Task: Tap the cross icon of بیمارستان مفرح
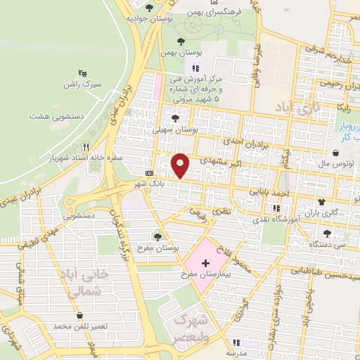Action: (x=205, y=264)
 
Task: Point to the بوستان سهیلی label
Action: (x=176, y=130)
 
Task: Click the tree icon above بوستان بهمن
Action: (x=182, y=41)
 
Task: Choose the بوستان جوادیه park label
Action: (x=150, y=19)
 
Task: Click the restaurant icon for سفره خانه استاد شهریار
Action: (x=86, y=148)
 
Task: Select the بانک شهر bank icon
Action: (x=149, y=173)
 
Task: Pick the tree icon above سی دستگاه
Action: (x=326, y=232)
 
